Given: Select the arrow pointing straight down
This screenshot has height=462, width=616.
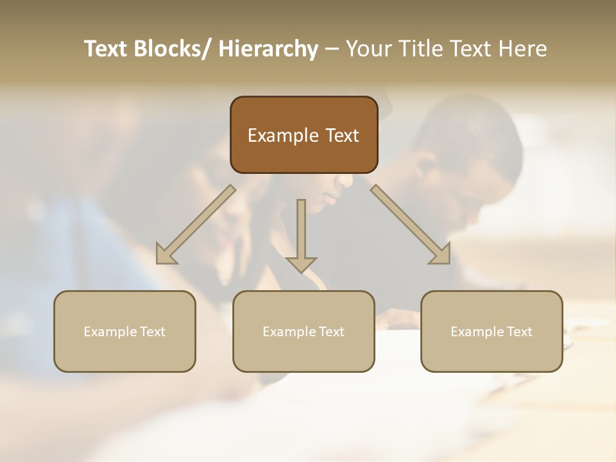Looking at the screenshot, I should [x=301, y=234].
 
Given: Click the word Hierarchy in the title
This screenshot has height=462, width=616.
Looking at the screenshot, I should [x=268, y=49].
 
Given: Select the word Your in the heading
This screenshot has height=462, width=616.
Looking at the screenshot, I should [x=368, y=49].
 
